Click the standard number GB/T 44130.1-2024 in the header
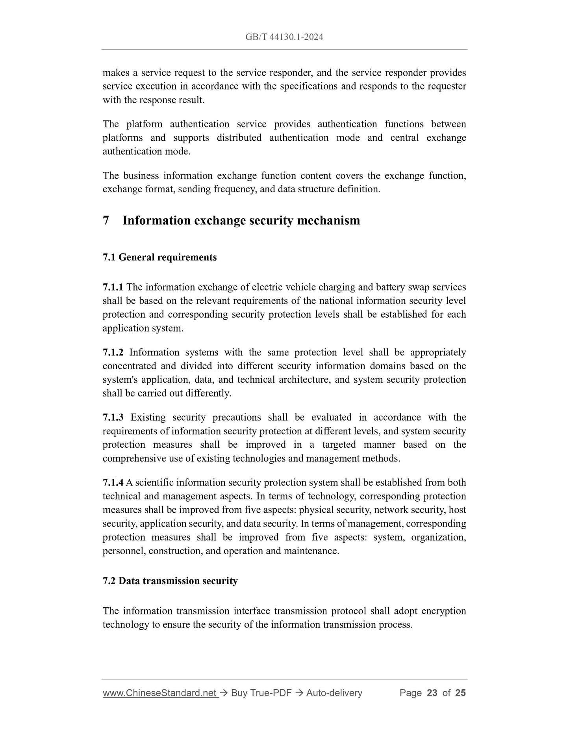click(x=284, y=37)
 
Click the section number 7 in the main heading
click(x=106, y=220)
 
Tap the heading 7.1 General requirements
click(x=159, y=257)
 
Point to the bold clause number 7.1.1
click(x=113, y=287)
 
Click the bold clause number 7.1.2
click(x=113, y=352)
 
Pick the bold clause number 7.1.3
click(x=113, y=417)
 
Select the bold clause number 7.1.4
click(x=113, y=482)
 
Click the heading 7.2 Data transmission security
click(x=170, y=581)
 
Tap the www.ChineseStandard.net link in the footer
click(x=160, y=693)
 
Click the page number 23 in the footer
click(x=432, y=693)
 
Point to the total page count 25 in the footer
click(x=460, y=693)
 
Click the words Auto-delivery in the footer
click(x=334, y=693)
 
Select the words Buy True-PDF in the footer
click(x=261, y=693)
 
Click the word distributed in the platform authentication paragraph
click(x=239, y=138)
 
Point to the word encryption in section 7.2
click(x=443, y=611)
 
